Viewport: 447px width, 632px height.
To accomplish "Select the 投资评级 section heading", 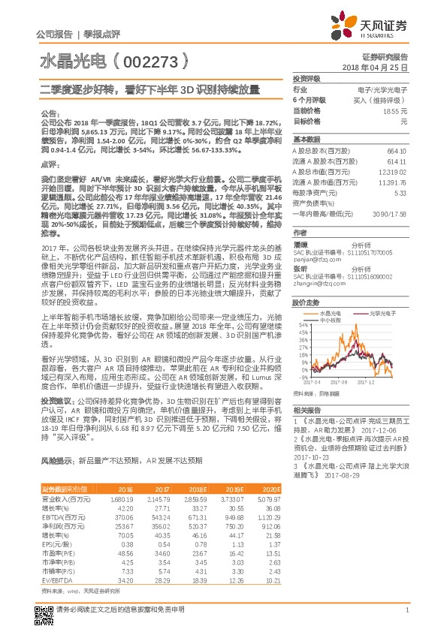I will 307,78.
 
